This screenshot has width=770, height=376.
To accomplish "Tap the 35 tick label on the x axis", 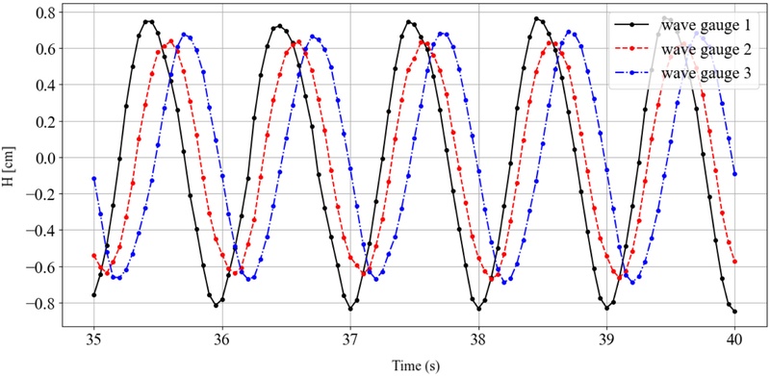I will [x=94, y=338].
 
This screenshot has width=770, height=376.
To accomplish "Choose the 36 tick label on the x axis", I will [x=222, y=338].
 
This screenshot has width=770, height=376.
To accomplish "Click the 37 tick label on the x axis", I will [x=350, y=338].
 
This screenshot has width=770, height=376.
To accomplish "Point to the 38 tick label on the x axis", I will [x=478, y=338].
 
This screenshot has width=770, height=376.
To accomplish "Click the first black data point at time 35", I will [x=94, y=295].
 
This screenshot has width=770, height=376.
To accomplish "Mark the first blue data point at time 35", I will [x=94, y=179].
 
